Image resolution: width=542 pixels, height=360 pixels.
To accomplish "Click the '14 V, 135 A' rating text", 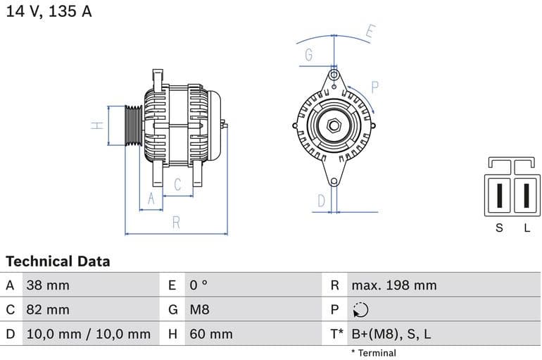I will pos(49,12).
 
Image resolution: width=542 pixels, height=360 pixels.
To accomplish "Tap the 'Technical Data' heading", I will pos(58,261).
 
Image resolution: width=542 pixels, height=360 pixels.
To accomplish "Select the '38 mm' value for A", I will pos(48,285).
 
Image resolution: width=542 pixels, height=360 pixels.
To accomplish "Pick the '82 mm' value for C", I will pos(48,309).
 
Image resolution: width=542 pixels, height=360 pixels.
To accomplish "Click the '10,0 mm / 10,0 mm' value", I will pos(88,334).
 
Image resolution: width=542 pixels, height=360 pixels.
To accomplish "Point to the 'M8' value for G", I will pos(200,309).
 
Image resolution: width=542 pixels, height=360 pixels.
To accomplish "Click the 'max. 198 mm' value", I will pos(394,285).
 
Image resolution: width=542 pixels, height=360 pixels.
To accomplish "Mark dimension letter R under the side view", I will pos(176,223).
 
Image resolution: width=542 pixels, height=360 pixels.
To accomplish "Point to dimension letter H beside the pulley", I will pos(98,125).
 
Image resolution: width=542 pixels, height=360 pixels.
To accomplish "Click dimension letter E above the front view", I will pos(370,31).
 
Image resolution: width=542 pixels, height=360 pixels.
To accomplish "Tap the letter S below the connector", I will pos(500,228).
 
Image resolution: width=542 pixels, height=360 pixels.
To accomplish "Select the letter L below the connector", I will pos(527,228).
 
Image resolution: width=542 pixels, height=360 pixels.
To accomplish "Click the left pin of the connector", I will pos(500,194).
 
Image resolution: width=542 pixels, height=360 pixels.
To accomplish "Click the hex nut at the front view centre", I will pos(334,126).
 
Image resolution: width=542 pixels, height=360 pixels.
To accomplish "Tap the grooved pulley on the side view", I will pos(133,125).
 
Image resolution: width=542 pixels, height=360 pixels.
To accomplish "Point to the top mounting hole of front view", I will pos(334,75).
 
